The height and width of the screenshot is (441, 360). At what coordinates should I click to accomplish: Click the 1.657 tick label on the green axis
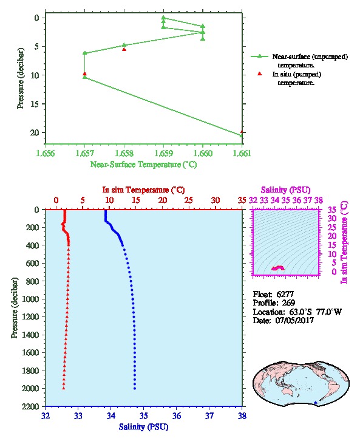(x=84, y=153)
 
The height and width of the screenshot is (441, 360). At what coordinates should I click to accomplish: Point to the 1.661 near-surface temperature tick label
(x=242, y=153)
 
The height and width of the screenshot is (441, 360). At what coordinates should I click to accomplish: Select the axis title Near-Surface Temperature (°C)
(x=144, y=165)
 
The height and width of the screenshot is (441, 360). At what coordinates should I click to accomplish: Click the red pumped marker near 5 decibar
(x=124, y=49)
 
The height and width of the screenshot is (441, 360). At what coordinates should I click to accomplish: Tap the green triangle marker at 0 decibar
(x=163, y=18)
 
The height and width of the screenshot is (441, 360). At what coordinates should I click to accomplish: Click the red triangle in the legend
(x=260, y=73)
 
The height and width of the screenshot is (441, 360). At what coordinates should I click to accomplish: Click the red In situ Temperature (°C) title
(x=143, y=190)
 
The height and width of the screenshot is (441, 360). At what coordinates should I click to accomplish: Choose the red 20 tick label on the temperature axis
(x=163, y=200)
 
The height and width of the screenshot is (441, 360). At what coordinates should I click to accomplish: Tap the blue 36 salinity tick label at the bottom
(x=177, y=415)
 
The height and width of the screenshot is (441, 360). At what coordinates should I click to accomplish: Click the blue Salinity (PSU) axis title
(x=144, y=427)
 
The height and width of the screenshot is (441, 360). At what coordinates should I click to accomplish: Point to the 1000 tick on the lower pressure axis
(x=31, y=299)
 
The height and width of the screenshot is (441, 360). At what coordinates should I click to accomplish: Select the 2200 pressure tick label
(x=31, y=406)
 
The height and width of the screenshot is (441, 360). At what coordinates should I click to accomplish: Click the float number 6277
(x=285, y=294)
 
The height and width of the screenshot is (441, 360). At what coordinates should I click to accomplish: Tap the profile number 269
(x=288, y=303)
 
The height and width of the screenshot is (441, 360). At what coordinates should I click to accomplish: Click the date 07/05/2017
(x=294, y=320)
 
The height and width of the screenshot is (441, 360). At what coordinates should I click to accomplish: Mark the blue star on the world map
(x=316, y=403)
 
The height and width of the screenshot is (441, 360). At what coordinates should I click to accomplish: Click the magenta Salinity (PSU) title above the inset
(x=286, y=190)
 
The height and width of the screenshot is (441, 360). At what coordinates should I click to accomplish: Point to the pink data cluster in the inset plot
(x=278, y=268)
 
